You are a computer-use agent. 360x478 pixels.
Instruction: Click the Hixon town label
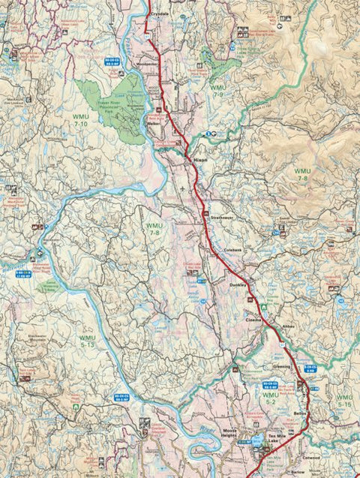point(200,161)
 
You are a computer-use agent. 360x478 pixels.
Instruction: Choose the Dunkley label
point(238,285)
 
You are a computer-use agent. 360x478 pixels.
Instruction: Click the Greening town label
point(281,368)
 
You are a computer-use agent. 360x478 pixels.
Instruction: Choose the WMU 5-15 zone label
point(344,400)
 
